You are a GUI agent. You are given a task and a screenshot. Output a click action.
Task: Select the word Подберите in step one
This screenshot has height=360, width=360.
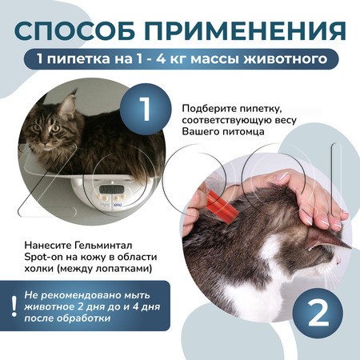210,108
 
